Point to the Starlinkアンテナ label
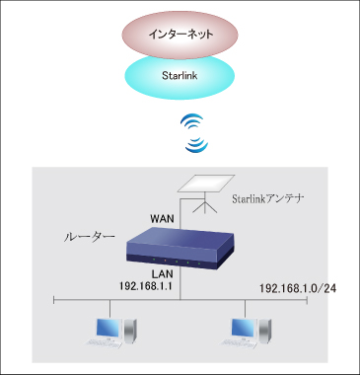point(267,198)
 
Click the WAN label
point(162,215)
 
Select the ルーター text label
point(89,238)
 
